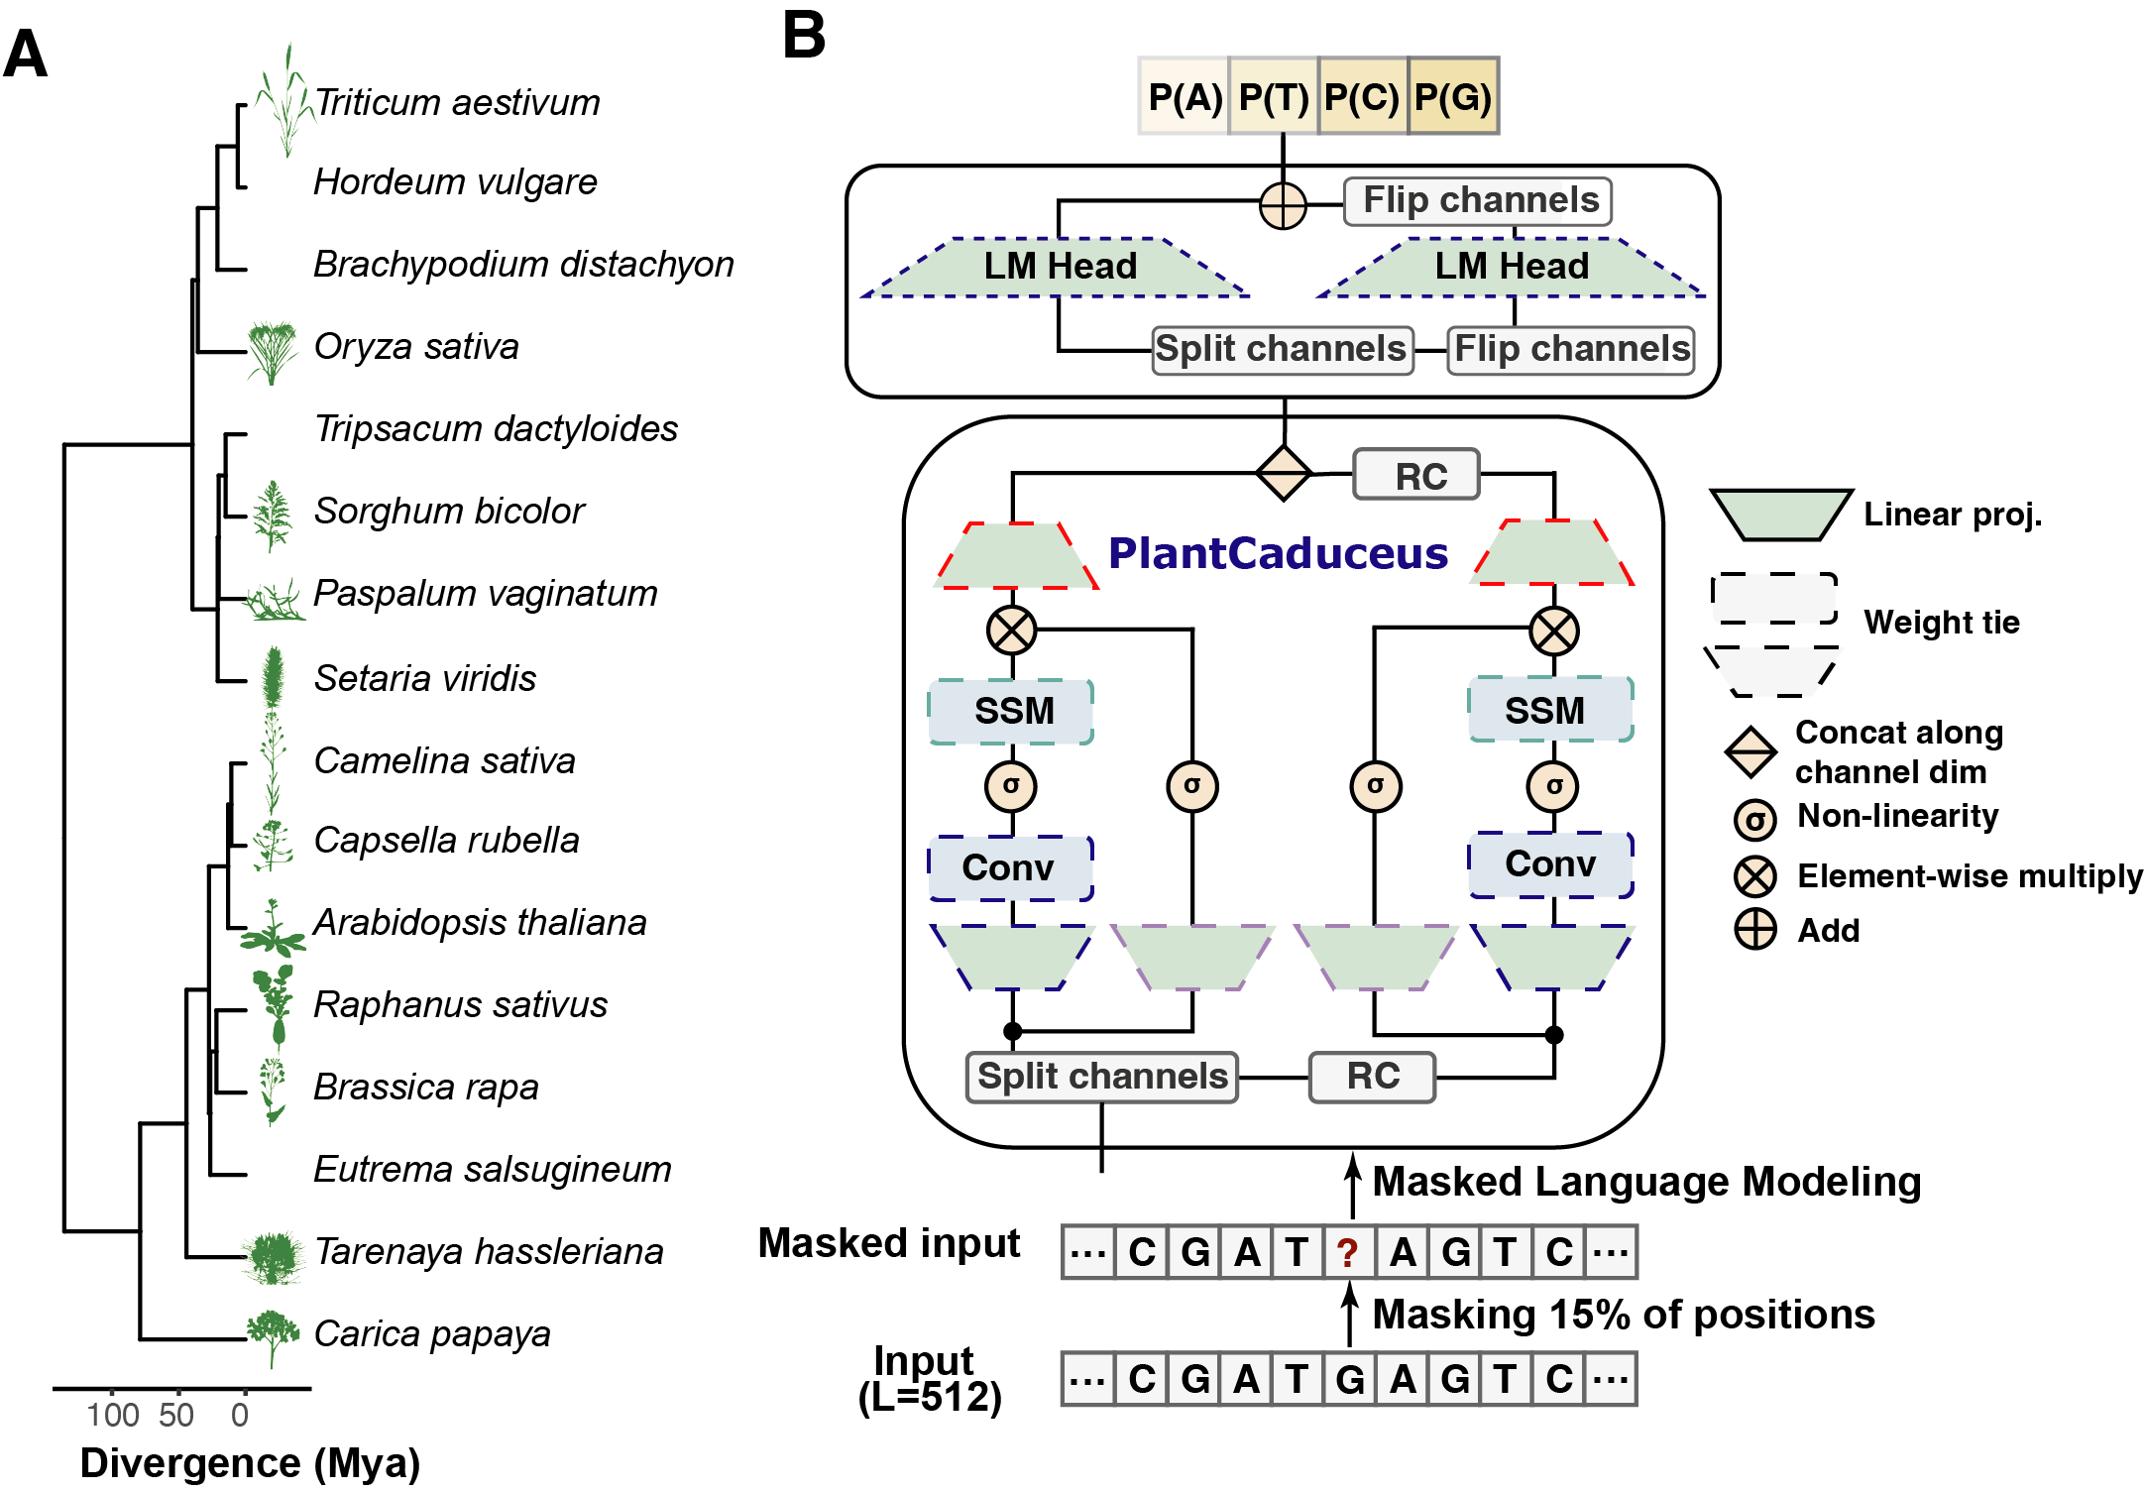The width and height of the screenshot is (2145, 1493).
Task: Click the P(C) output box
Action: coord(1362,96)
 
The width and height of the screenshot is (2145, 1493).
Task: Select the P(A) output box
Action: coord(1184,96)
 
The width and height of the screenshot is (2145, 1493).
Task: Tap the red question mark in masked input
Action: coord(1346,1253)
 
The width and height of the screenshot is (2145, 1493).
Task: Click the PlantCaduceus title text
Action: coord(1278,553)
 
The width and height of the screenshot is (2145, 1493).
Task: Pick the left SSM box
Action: coord(1011,711)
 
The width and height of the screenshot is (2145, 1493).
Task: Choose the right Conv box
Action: coord(1550,864)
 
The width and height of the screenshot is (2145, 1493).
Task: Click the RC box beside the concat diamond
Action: coord(1418,476)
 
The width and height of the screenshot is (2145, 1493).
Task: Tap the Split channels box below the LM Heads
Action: coord(1281,349)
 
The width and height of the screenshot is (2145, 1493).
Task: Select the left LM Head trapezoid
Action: coord(1059,267)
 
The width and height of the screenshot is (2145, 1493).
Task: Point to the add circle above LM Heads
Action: coord(1283,206)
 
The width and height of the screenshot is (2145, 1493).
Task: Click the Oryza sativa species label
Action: coord(415,346)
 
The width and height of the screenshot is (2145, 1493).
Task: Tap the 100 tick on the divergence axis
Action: coord(112,1414)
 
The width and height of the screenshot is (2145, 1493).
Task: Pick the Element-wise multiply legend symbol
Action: coord(1754,876)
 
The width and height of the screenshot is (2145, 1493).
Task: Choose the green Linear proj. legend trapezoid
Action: coord(1780,514)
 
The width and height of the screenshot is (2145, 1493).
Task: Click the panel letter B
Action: coord(803,36)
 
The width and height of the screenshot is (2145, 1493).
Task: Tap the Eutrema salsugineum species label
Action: coord(492,1169)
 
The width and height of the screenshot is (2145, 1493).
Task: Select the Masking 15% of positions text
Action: coord(1623,1315)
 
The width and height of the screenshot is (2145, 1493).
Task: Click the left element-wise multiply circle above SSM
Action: coord(1011,631)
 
